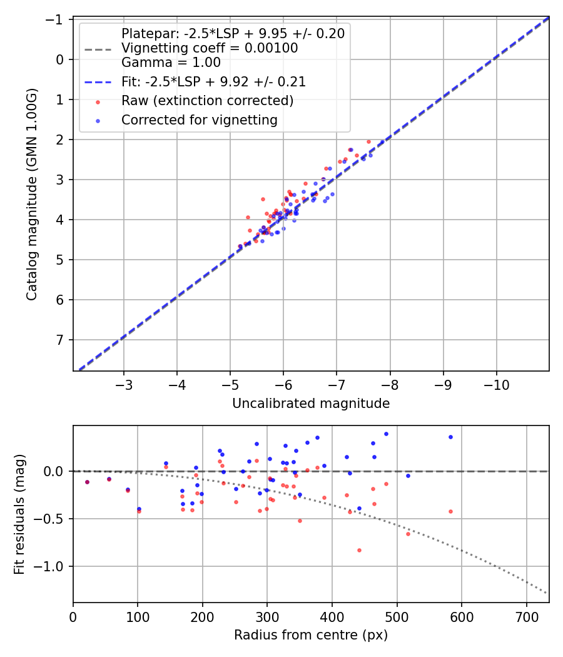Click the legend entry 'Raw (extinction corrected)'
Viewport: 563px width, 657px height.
point(207,101)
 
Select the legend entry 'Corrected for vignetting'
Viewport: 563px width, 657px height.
point(200,120)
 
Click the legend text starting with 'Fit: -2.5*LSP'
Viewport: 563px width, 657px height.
point(213,82)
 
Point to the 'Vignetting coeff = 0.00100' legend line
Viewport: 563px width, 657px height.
point(210,48)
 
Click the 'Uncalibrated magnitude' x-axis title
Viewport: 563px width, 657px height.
point(311,404)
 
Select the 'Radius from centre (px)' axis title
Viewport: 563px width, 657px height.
point(311,635)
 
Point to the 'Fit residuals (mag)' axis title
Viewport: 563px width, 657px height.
point(19,514)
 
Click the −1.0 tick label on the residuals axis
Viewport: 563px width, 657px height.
point(54,566)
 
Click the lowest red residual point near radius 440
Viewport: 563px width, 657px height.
point(359,550)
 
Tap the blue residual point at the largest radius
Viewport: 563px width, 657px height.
point(450,437)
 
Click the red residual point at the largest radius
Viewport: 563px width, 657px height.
point(450,511)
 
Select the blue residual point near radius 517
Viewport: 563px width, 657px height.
point(408,476)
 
